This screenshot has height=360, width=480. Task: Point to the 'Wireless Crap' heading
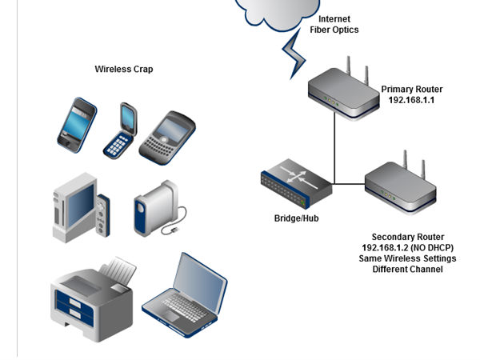click(124, 70)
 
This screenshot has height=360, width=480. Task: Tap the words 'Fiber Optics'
click(334, 30)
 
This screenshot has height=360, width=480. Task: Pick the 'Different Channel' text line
click(407, 270)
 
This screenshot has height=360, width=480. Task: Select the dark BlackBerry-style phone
click(168, 135)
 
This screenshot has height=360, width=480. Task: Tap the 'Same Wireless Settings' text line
click(407, 258)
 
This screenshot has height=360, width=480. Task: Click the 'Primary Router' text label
click(411, 90)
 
